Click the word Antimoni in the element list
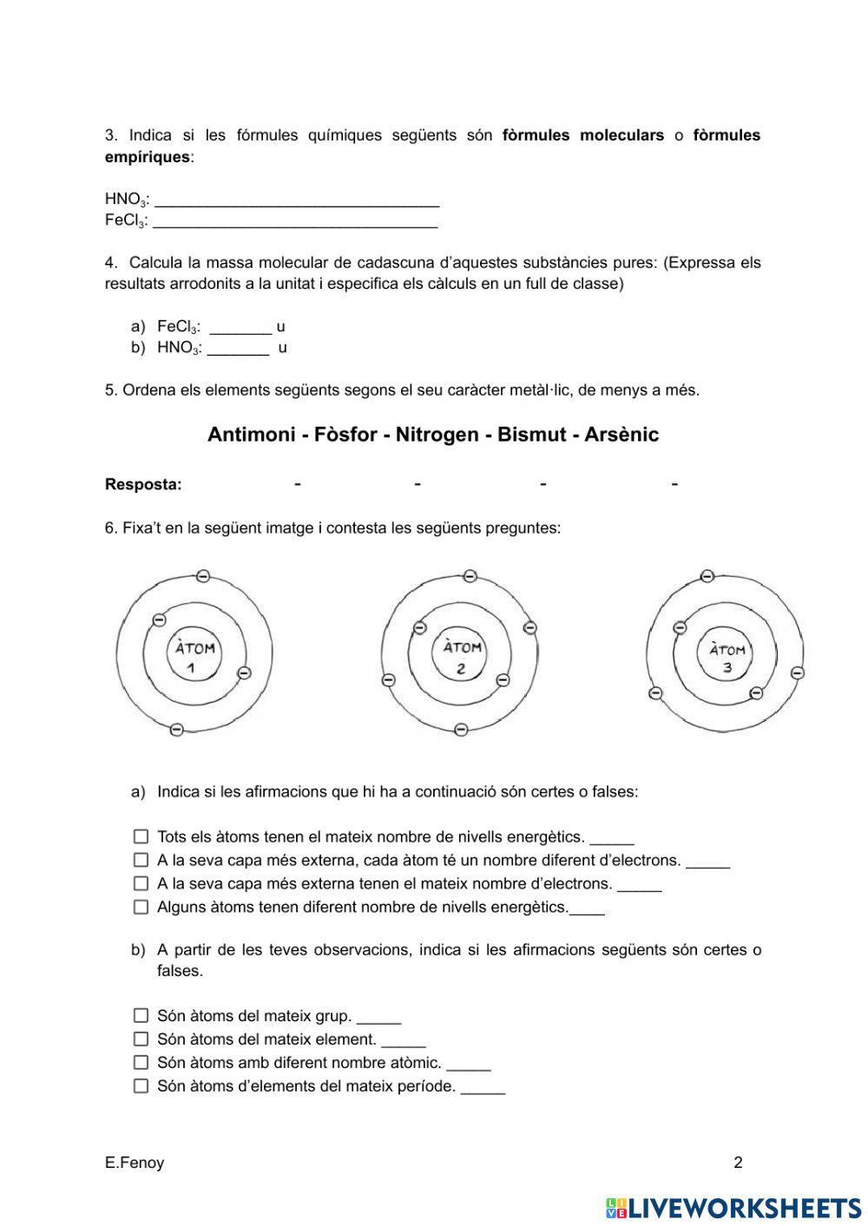(251, 435)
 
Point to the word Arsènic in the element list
(621, 435)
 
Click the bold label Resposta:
(143, 485)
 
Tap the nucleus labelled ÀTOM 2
(462, 657)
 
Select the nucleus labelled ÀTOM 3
(727, 657)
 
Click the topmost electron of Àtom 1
(202, 576)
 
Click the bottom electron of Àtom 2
(461, 730)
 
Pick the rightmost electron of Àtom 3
(798, 672)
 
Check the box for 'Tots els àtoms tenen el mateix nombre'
(141, 837)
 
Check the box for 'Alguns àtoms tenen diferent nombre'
(141, 908)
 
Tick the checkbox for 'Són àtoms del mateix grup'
(141, 1016)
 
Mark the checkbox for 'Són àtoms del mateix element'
(141, 1039)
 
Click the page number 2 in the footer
(738, 1164)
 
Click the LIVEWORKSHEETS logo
(733, 1208)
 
